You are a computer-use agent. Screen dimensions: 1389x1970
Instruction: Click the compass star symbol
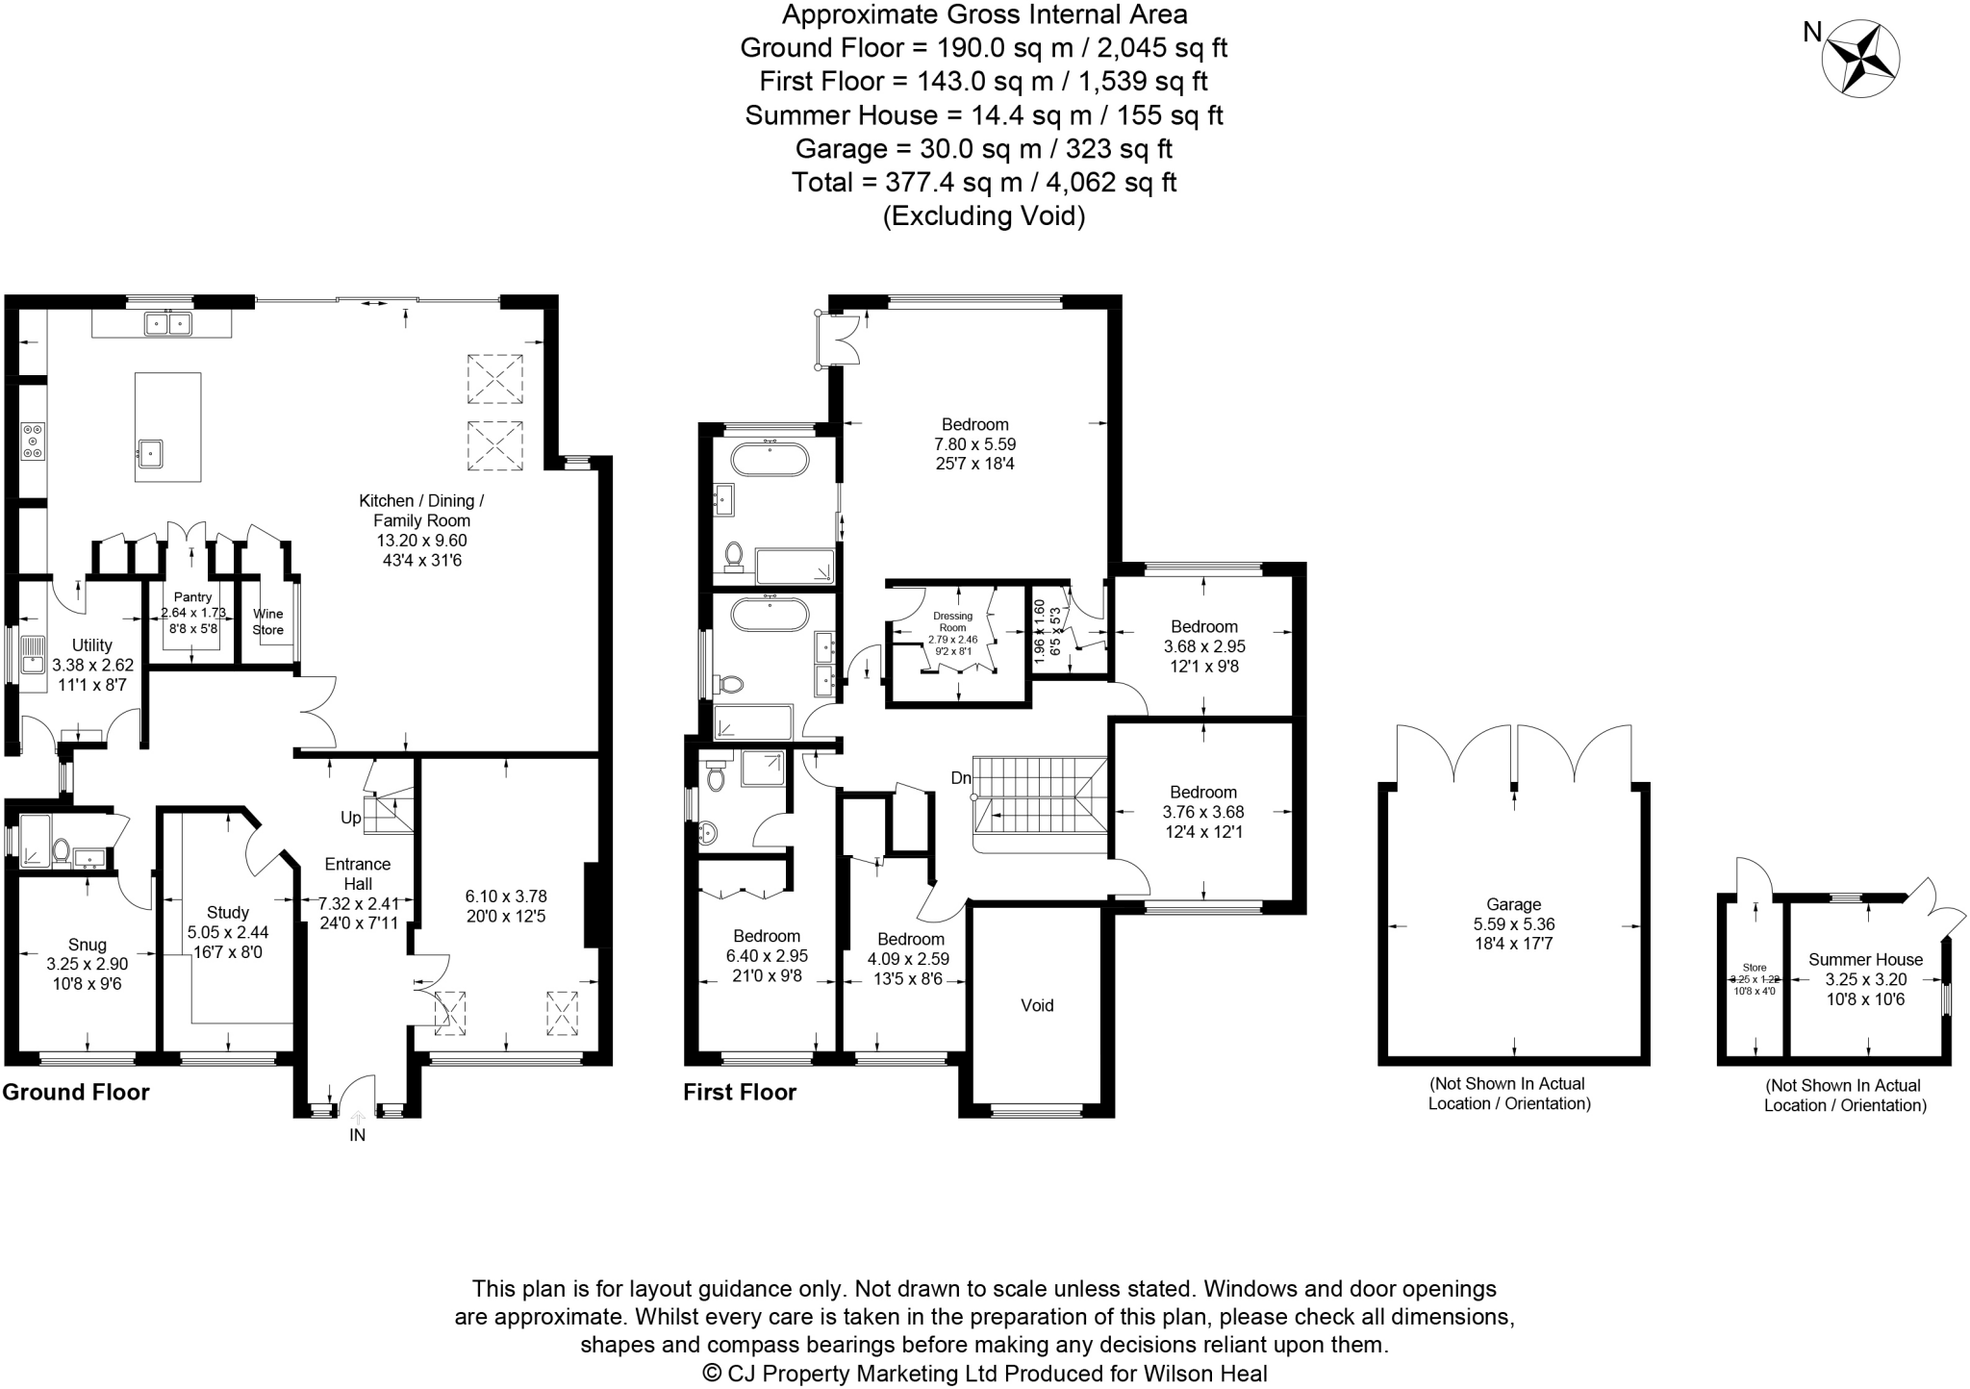(x=1859, y=60)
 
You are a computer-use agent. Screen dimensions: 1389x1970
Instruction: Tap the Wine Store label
(x=268, y=622)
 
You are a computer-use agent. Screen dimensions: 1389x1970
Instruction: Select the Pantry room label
(x=192, y=597)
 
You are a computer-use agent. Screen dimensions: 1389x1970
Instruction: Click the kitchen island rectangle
(x=168, y=426)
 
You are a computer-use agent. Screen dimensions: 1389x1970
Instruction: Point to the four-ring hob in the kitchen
(x=33, y=441)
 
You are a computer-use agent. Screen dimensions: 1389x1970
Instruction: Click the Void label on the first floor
(x=1037, y=1005)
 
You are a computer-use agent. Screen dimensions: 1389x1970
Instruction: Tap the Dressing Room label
(x=952, y=621)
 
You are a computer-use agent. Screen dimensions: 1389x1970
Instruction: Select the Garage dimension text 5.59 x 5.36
(x=1514, y=923)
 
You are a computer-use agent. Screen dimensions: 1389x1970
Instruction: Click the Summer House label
(x=1865, y=959)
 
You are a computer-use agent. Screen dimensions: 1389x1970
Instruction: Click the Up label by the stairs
(x=350, y=818)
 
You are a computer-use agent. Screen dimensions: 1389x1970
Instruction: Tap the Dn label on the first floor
(x=961, y=777)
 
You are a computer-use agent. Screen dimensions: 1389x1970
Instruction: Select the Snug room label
(x=88, y=945)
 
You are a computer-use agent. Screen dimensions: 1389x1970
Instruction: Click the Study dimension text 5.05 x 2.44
(x=228, y=932)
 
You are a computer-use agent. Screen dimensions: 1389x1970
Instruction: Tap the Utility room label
(x=92, y=645)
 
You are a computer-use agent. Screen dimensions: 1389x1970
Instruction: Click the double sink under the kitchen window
(x=168, y=324)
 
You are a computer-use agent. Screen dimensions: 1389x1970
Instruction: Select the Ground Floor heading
(x=76, y=1092)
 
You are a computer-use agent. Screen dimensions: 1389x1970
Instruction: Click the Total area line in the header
(x=984, y=182)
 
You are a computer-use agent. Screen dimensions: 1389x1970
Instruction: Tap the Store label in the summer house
(x=1755, y=968)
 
